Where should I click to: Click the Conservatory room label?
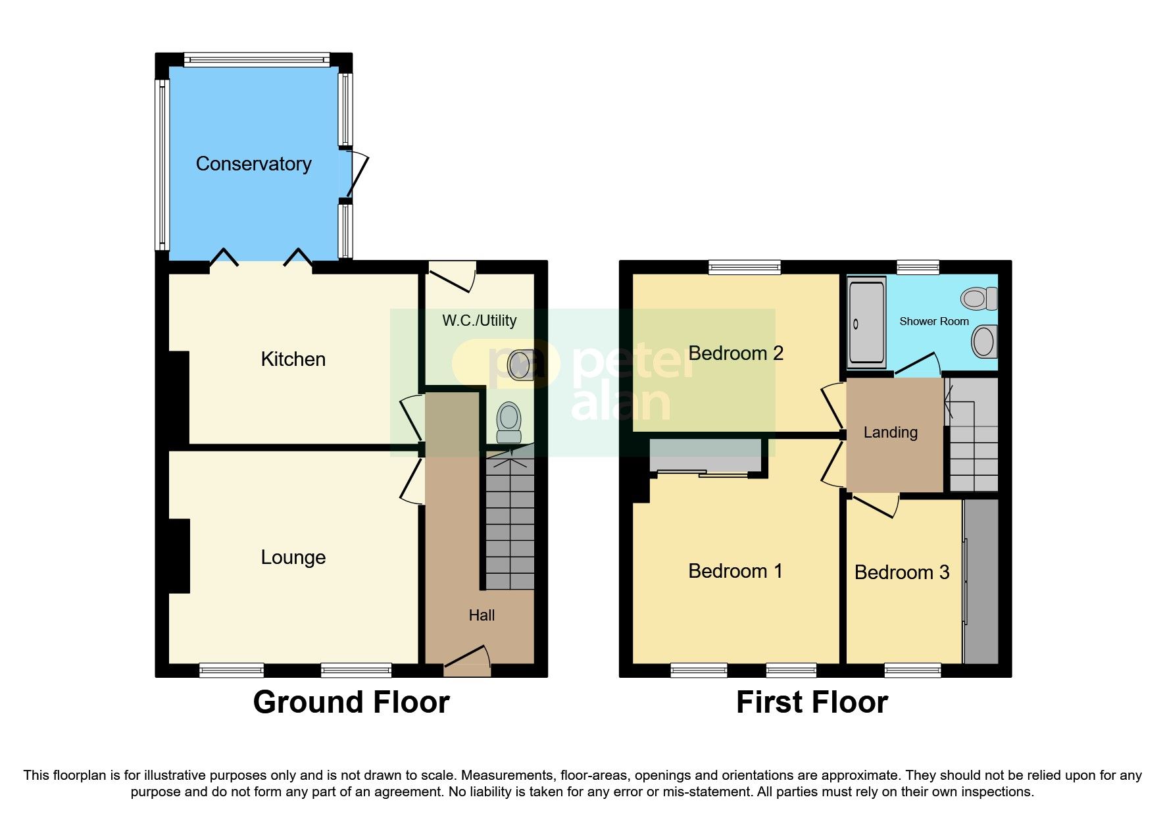[x=253, y=164]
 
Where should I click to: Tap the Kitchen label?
[x=293, y=359]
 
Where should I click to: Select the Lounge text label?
[x=293, y=557]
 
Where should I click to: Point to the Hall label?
[x=482, y=615]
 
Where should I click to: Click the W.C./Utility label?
[x=479, y=320]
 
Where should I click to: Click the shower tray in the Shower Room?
[x=866, y=322]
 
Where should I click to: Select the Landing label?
[x=890, y=432]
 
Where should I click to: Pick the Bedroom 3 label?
[x=901, y=573]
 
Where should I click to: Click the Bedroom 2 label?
[x=735, y=353]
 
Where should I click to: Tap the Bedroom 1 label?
[x=735, y=571]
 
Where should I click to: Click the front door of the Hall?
[x=468, y=661]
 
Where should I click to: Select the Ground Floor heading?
[x=351, y=702]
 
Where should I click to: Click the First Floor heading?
[x=812, y=702]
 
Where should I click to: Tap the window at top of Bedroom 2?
[x=745, y=267]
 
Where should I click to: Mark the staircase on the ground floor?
[x=510, y=526]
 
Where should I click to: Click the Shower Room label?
[x=933, y=322]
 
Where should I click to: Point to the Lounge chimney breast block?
[x=179, y=556]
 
